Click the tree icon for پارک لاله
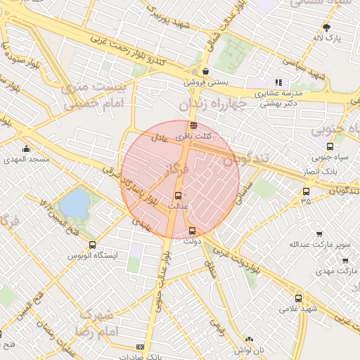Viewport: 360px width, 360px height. [327, 28]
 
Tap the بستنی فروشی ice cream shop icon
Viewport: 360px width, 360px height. [205, 71]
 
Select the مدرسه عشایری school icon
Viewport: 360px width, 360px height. [278, 82]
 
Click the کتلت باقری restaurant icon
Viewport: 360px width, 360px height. [193, 125]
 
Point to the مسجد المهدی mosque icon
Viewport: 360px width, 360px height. [26, 148]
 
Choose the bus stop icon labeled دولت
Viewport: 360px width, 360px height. [193, 231]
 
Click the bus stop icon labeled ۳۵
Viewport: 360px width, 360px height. [305, 191]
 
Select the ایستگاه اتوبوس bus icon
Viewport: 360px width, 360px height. [92, 245]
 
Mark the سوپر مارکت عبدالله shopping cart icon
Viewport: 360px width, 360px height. [320, 234]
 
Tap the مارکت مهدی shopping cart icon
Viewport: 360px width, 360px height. [345, 261]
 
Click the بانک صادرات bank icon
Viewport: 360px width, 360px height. [140, 347]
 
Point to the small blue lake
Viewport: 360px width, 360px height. [75, 204]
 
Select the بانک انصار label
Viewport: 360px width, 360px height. [325, 171]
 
